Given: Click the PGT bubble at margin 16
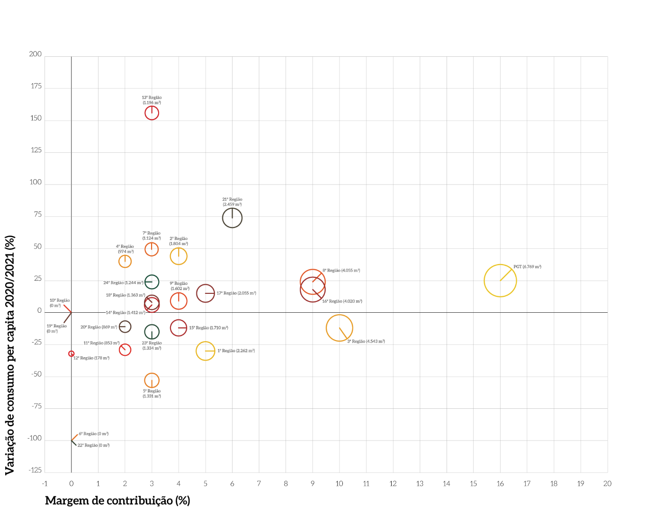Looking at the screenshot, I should (x=500, y=281).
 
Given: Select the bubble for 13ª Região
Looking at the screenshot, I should (x=152, y=113).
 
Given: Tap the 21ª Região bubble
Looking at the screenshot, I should (x=232, y=218).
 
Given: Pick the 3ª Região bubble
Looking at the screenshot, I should (x=339, y=328).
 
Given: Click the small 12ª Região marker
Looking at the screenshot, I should (x=72, y=353).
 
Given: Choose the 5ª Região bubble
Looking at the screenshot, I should (x=152, y=380).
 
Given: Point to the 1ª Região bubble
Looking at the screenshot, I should (x=205, y=351).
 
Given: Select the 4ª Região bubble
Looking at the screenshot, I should (x=125, y=261).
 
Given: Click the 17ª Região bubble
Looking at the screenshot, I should (x=205, y=293).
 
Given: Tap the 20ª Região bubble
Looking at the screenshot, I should (x=125, y=326).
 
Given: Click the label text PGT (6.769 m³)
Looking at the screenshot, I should (x=527, y=267).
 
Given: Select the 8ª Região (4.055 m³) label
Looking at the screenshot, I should (x=341, y=271).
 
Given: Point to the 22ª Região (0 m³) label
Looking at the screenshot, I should (x=93, y=445).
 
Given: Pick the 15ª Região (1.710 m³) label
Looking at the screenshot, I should (x=208, y=328).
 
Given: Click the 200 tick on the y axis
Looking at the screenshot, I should (x=36, y=54).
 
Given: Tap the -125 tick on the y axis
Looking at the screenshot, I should (x=36, y=470).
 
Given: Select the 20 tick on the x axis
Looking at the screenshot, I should (x=607, y=484).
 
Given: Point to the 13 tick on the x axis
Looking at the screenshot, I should (x=420, y=484).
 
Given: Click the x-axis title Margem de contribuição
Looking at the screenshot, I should (x=117, y=501).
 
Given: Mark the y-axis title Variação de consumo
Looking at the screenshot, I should (x=10, y=355).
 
